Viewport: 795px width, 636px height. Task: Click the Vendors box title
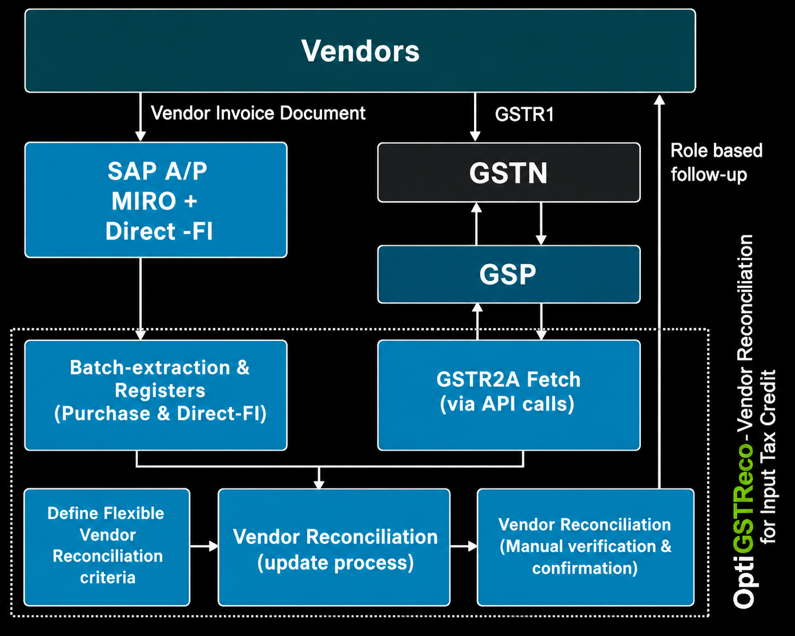coord(360,50)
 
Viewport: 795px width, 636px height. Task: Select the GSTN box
coord(509,172)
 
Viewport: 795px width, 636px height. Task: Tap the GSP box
coord(509,274)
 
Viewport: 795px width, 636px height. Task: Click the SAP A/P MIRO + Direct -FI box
coord(156,200)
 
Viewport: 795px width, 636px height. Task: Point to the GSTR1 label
coord(524,114)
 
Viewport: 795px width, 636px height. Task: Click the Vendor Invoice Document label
coord(258,113)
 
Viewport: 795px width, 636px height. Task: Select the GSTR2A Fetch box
coord(509,395)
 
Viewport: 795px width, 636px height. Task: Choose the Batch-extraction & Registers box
coord(156,395)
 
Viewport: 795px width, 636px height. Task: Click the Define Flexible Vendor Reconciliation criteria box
coord(107,547)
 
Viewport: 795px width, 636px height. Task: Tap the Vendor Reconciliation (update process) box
coord(334,547)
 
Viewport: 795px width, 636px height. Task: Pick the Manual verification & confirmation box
coord(586,547)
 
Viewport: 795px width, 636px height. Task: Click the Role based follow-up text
coord(716,163)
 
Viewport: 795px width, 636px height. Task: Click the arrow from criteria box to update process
coord(204,546)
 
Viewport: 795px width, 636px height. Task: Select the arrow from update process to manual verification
coord(464,546)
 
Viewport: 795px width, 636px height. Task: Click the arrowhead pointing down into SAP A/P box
coord(141,136)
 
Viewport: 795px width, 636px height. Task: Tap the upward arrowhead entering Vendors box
coord(659,100)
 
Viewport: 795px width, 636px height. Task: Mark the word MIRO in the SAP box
coord(143,201)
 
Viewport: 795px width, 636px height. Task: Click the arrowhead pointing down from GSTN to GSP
coord(541,240)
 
